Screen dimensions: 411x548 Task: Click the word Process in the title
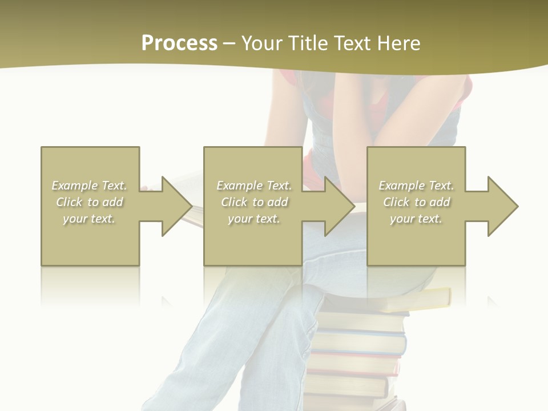pyautogui.click(x=179, y=43)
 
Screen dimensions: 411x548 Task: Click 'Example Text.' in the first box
pyautogui.click(x=90, y=186)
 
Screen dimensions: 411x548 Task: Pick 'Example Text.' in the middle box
pyautogui.click(x=254, y=186)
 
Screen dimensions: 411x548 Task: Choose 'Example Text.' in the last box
pyautogui.click(x=416, y=186)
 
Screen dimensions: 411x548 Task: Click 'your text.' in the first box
pyautogui.click(x=89, y=219)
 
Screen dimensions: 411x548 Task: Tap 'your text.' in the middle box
pyautogui.click(x=254, y=219)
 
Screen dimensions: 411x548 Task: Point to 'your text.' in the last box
pyautogui.click(x=416, y=219)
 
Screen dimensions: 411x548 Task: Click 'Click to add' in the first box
pyautogui.click(x=90, y=202)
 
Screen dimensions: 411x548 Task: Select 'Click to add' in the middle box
pyautogui.click(x=255, y=202)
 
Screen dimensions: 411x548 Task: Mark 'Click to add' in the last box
pyautogui.click(x=417, y=202)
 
